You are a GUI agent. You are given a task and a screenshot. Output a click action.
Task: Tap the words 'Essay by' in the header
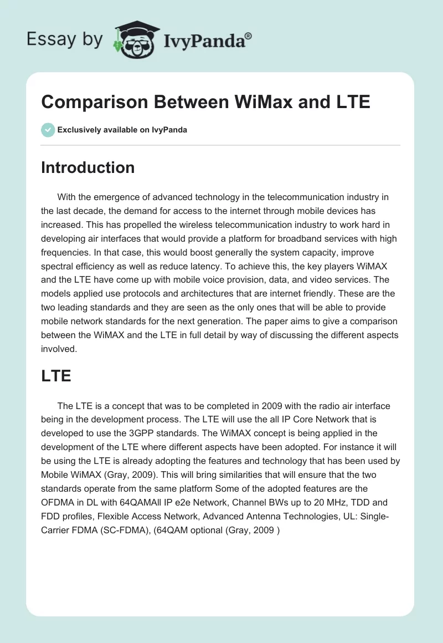pyautogui.click(x=65, y=39)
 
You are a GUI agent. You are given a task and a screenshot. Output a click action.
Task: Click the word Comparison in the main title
pyautogui.click(x=92, y=102)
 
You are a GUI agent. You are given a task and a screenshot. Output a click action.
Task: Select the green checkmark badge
pyautogui.click(x=48, y=130)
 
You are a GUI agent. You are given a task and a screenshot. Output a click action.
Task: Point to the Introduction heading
pyautogui.click(x=87, y=167)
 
